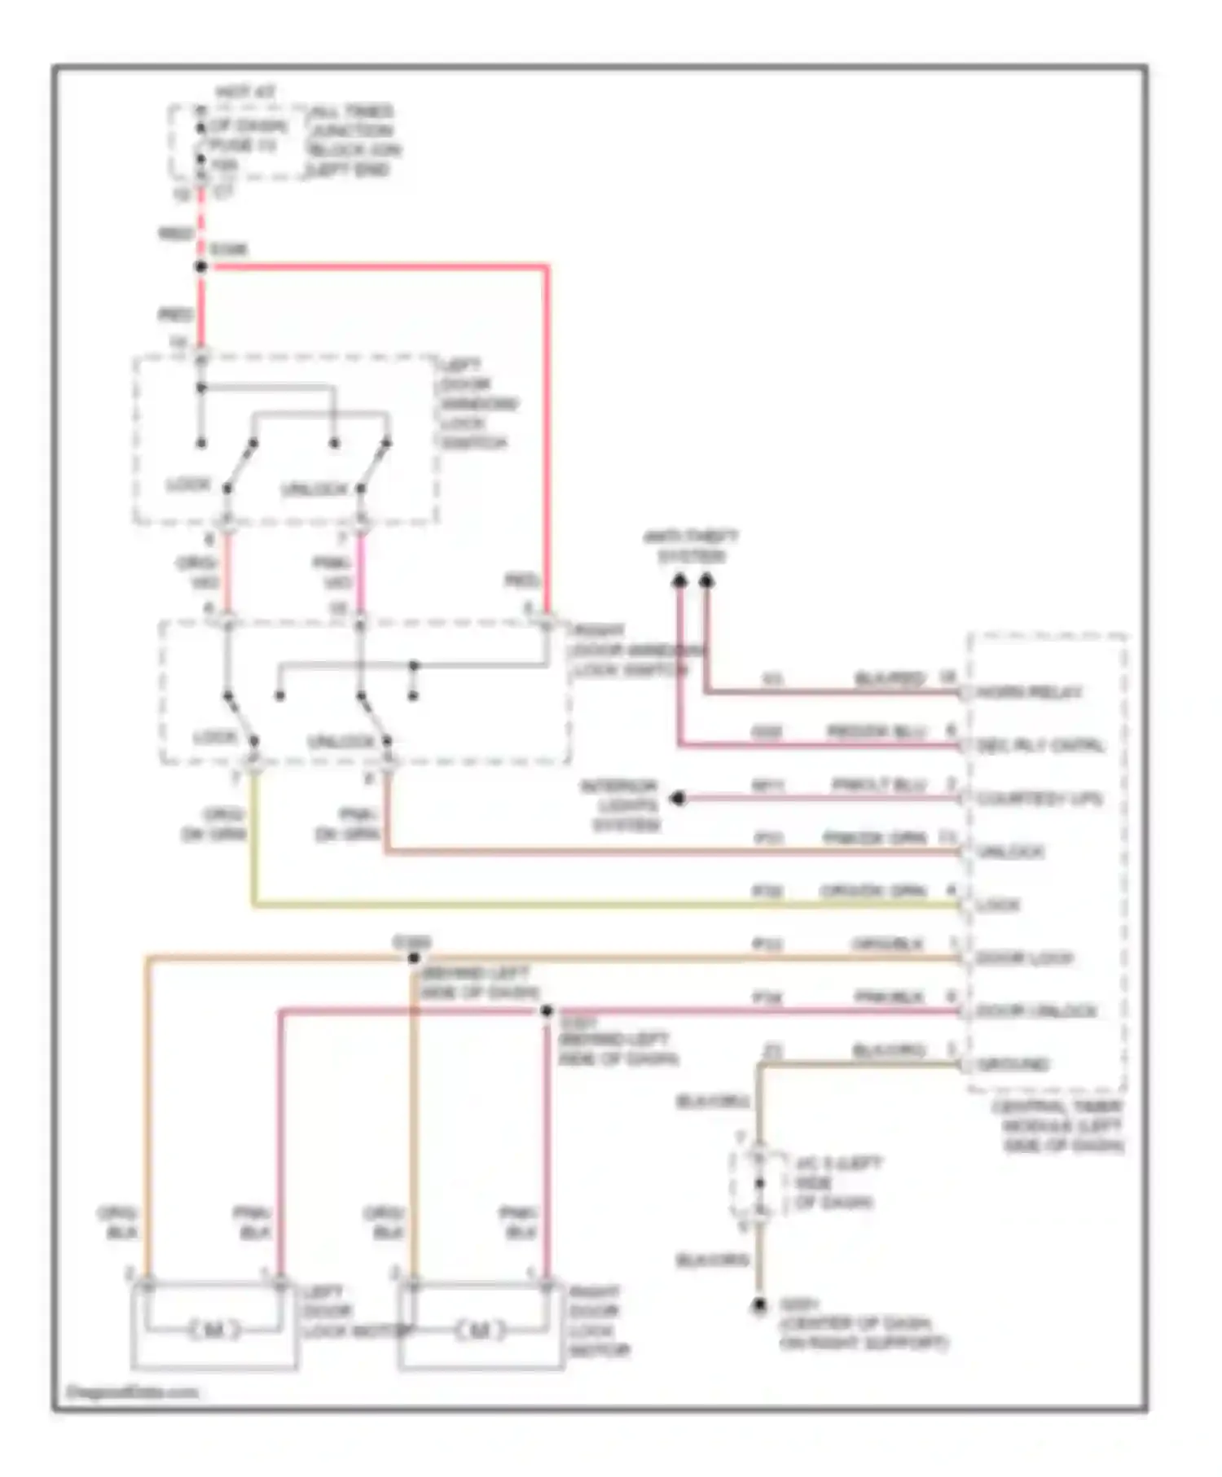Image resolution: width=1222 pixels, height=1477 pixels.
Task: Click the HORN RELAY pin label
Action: click(x=1029, y=693)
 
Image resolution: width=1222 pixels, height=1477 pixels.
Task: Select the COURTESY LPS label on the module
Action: click(x=1039, y=799)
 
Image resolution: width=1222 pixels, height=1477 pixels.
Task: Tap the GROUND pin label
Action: click(x=1013, y=1064)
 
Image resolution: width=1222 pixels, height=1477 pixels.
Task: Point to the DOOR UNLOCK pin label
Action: click(x=1035, y=1011)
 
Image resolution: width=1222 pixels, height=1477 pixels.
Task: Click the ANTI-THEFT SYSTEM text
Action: click(x=691, y=546)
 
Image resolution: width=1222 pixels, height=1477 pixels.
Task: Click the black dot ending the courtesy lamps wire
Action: click(x=677, y=799)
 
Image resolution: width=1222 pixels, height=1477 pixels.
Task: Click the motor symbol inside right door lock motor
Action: click(x=480, y=1330)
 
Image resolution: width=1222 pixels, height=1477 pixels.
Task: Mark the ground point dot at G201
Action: click(x=758, y=1305)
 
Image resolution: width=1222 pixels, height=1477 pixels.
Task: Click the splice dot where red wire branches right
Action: click(x=201, y=266)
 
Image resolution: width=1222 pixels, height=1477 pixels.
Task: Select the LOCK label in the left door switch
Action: click(x=188, y=485)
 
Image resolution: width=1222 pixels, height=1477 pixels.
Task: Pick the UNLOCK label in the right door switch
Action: click(x=341, y=742)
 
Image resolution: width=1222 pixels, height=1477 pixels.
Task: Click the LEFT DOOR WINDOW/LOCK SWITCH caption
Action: click(x=477, y=404)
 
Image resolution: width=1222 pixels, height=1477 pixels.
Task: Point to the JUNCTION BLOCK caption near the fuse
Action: click(x=353, y=140)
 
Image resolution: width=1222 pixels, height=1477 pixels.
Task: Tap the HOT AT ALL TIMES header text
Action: click(x=245, y=93)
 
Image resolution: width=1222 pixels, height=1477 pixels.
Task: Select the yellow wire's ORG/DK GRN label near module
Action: click(x=873, y=891)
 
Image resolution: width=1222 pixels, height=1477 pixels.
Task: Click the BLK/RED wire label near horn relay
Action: click(x=890, y=678)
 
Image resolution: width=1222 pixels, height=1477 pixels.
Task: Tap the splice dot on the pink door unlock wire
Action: click(x=547, y=1010)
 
